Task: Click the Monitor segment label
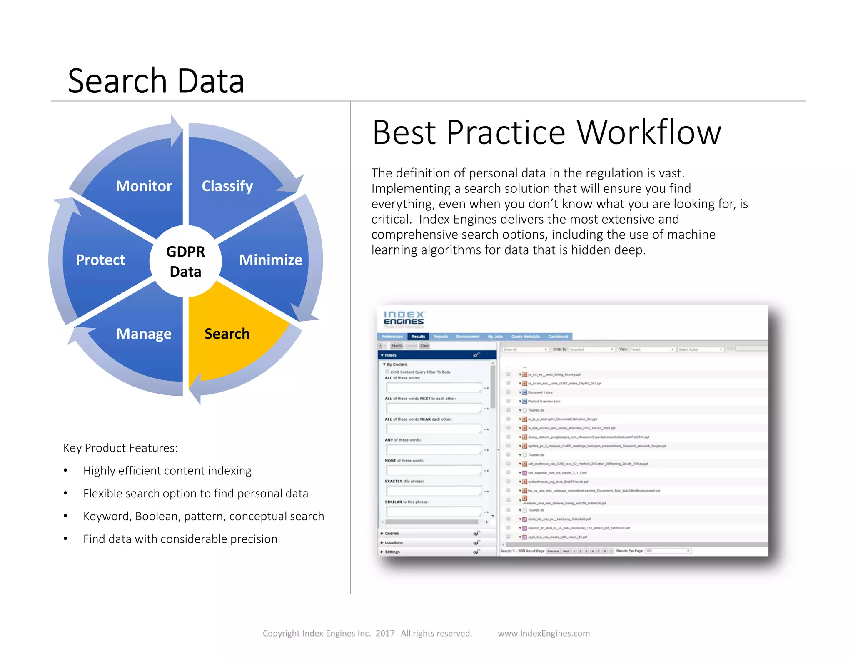click(144, 186)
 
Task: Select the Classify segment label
click(227, 186)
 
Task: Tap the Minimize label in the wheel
click(271, 260)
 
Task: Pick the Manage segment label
click(144, 334)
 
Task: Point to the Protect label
click(100, 260)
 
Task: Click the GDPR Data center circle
click(185, 262)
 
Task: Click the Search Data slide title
click(156, 81)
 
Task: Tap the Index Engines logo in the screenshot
click(403, 319)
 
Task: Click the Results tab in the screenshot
click(418, 337)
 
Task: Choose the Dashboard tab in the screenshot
click(558, 337)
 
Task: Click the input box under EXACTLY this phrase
click(434, 491)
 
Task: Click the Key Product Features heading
click(120, 448)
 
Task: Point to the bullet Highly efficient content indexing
click(167, 471)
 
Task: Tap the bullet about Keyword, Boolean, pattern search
click(203, 516)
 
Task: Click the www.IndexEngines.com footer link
click(544, 633)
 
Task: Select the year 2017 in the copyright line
click(385, 633)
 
